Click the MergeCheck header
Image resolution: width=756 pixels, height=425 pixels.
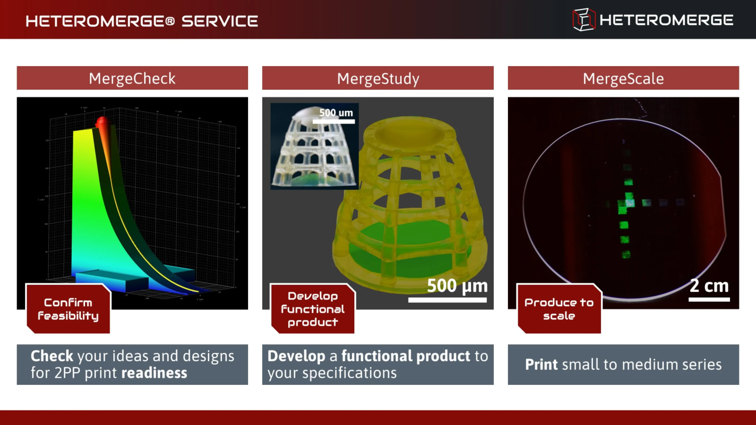(x=132, y=78)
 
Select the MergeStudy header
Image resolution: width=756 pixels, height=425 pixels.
(x=378, y=78)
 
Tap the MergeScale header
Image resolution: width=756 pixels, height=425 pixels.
(x=623, y=78)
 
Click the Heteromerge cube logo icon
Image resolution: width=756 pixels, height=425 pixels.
(x=584, y=20)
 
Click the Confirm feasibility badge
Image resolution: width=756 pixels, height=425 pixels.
(x=68, y=309)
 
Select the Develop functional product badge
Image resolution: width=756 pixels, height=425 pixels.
(x=313, y=309)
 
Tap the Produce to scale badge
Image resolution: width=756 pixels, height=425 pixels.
(x=559, y=309)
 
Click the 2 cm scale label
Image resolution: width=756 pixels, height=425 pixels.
(x=709, y=285)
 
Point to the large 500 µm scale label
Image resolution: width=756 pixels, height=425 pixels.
(x=457, y=285)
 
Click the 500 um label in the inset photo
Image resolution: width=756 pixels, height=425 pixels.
(x=336, y=113)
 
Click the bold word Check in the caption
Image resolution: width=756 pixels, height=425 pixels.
(x=52, y=356)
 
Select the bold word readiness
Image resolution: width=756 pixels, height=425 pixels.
(x=154, y=373)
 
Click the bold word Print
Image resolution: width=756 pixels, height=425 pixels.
(x=541, y=364)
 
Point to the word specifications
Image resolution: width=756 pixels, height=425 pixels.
(x=349, y=373)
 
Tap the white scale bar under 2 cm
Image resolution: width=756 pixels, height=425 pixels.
(x=709, y=299)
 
